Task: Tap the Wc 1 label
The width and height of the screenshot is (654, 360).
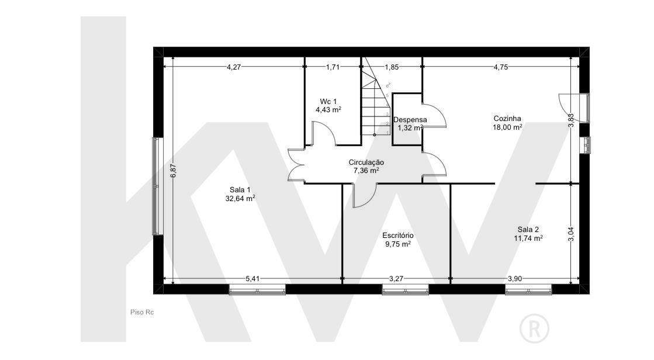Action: pyautogui.click(x=328, y=101)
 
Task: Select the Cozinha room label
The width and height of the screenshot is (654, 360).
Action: pyautogui.click(x=507, y=119)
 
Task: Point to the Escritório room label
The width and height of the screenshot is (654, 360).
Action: pyautogui.click(x=398, y=236)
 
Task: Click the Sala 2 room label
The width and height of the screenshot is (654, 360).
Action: pyautogui.click(x=528, y=230)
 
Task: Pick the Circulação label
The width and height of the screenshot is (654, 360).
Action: pyautogui.click(x=366, y=162)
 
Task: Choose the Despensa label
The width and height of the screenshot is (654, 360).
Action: pyautogui.click(x=410, y=120)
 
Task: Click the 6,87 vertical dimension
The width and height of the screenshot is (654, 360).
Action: pyautogui.click(x=174, y=171)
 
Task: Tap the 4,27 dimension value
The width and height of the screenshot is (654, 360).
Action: pyautogui.click(x=234, y=67)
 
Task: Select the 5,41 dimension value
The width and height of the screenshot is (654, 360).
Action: pyautogui.click(x=252, y=279)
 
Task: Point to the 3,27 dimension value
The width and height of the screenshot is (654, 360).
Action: pyautogui.click(x=396, y=279)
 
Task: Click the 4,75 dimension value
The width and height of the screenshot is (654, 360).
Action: pyautogui.click(x=500, y=67)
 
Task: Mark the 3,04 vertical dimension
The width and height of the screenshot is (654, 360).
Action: pyautogui.click(x=572, y=234)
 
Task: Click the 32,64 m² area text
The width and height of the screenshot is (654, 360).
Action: pyautogui.click(x=240, y=199)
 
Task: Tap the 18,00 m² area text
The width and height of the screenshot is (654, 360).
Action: pyautogui.click(x=508, y=127)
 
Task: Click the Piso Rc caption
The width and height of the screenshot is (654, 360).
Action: pyautogui.click(x=142, y=312)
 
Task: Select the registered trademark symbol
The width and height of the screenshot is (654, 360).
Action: pyautogui.click(x=534, y=328)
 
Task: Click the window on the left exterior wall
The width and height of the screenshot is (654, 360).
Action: pyautogui.click(x=158, y=186)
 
